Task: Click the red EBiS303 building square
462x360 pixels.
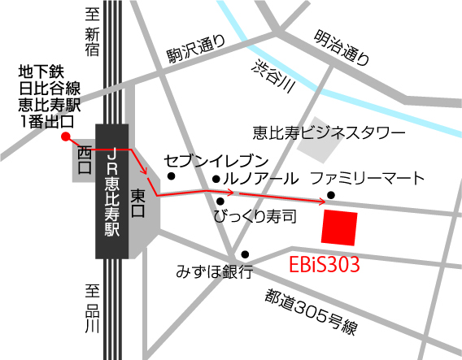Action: point(339,227)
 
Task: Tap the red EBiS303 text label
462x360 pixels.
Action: point(325,265)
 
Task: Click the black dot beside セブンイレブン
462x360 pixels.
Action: point(171,176)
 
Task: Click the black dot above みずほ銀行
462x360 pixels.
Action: point(244,254)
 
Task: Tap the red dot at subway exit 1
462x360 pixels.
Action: point(64,137)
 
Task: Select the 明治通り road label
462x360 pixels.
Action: point(342,47)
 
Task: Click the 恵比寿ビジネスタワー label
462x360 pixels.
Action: point(328,131)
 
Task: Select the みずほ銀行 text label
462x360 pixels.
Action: point(215,271)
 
